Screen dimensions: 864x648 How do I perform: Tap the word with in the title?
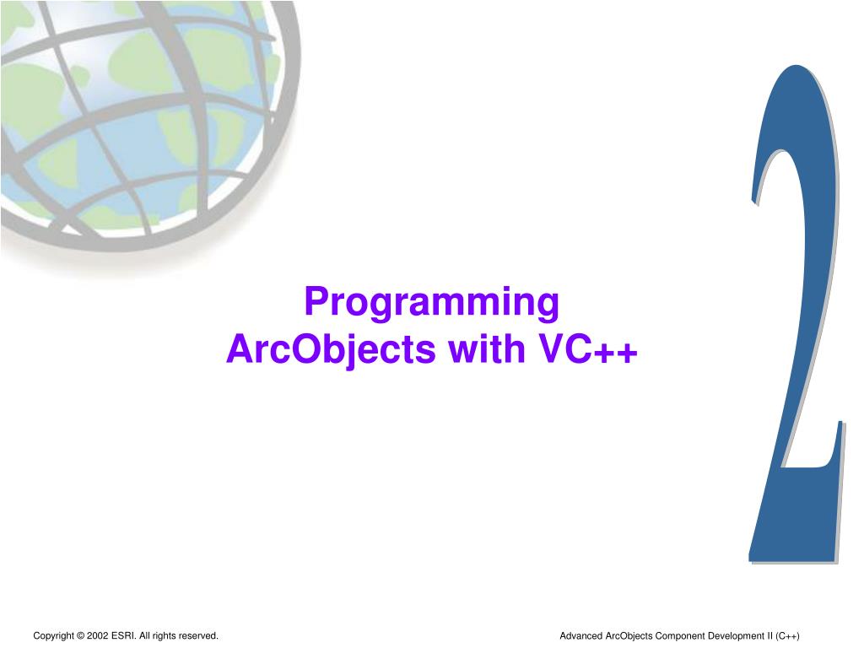click(489, 349)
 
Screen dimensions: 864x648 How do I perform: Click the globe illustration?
click(143, 118)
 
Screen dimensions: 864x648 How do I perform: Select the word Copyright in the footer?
click(53, 635)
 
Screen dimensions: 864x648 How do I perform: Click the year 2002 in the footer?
click(97, 635)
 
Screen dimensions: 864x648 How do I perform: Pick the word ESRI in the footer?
click(123, 635)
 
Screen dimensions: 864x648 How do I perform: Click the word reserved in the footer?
click(198, 635)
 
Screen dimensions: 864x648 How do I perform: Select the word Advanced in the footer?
click(581, 635)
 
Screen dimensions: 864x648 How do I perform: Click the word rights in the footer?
click(164, 635)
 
